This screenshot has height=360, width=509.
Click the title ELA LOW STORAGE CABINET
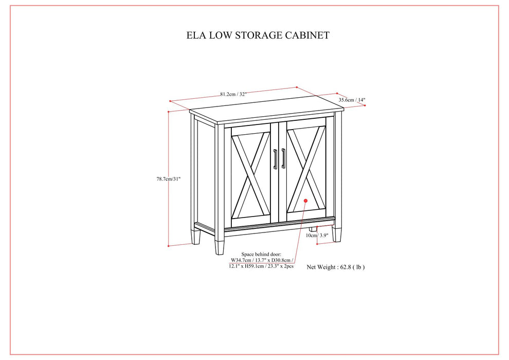258,35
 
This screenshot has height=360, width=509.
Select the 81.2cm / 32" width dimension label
233,94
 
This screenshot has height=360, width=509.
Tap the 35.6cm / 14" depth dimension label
352,100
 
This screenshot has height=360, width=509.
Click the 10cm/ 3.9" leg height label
317,236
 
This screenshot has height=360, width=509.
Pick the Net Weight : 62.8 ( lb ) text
336,267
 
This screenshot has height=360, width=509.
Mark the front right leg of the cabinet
337,234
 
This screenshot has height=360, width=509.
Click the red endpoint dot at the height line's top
169,111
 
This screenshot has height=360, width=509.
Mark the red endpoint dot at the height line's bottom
169,246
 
